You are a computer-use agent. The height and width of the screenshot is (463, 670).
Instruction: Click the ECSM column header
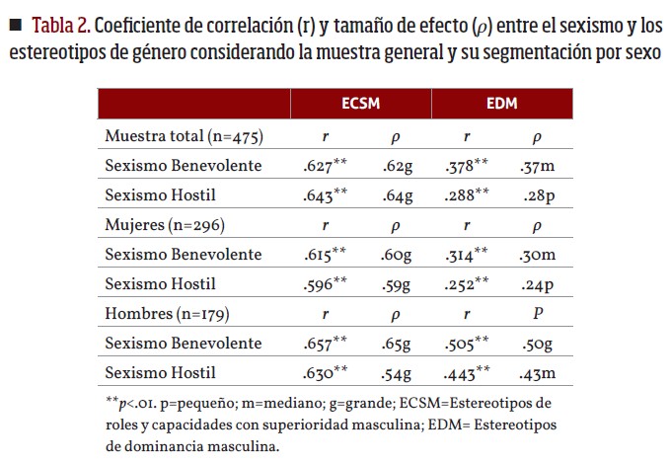[360, 104]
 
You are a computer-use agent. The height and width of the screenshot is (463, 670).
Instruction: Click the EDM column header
[501, 104]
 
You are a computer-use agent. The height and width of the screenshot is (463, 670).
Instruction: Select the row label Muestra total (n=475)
[184, 135]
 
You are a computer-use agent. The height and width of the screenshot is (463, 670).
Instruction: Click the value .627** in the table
[326, 164]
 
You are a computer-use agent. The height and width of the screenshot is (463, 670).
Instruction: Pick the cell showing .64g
[397, 194]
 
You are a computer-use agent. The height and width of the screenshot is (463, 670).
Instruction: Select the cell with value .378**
[466, 164]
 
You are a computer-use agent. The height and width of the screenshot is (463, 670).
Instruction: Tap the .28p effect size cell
[539, 194]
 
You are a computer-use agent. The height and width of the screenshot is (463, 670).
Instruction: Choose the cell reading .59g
[397, 283]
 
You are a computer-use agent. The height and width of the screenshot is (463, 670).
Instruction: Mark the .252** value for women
[466, 283]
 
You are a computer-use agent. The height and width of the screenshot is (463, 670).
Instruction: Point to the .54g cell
[397, 372]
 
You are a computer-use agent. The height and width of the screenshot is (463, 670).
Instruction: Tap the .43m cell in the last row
[538, 372]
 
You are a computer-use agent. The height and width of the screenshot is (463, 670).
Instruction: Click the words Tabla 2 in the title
[65, 24]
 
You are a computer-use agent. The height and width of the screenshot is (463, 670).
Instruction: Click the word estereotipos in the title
[56, 51]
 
